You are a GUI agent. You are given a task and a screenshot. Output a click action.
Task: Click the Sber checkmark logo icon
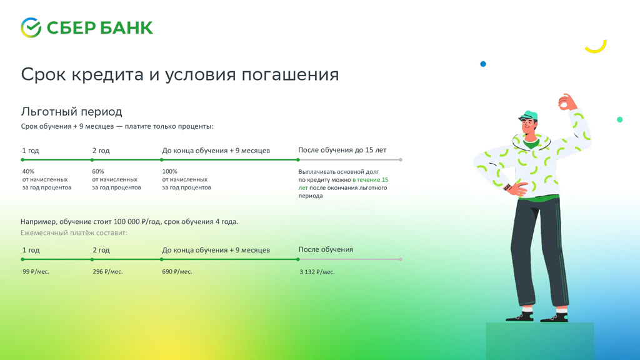coord(31,27)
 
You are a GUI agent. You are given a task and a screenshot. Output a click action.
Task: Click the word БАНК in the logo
coord(126,28)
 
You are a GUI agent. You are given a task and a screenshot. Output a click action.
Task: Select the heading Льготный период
coord(71,111)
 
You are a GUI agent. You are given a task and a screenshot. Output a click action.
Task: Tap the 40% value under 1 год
coord(28,171)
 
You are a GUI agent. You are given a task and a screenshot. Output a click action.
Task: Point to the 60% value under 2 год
coord(98,171)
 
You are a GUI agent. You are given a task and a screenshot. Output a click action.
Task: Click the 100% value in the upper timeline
coord(170,171)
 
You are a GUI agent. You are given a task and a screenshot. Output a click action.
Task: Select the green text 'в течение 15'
coord(370,179)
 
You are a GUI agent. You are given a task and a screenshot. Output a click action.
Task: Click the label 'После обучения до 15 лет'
coord(342,150)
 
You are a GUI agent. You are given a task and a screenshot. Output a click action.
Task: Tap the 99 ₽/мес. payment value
coord(36,271)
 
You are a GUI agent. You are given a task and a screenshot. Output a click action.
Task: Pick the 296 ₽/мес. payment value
coord(107,271)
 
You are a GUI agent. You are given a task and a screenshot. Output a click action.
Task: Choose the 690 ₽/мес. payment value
coord(177,271)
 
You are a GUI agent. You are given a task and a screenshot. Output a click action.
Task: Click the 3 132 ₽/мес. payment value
coord(317,272)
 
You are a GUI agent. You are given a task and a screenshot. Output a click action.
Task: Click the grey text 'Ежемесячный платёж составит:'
coord(74,232)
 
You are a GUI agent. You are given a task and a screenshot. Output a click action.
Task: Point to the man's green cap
coord(529,116)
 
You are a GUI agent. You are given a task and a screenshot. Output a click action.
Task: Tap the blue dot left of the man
coord(483,64)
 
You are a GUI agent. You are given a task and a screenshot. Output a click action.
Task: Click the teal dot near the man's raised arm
coord(619,119)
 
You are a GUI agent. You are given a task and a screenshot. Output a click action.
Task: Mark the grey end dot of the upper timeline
coord(401,159)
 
